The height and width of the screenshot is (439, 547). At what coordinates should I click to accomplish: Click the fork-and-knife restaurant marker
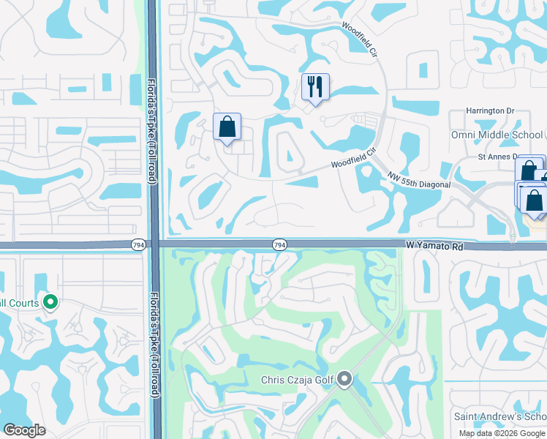click(x=315, y=87)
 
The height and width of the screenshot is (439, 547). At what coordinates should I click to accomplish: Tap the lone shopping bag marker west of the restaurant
click(x=227, y=127)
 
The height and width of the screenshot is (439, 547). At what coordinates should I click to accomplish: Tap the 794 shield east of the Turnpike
click(x=279, y=244)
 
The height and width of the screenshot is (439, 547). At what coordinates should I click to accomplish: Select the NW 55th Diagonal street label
click(x=420, y=180)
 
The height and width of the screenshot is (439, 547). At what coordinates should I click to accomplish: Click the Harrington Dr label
click(x=491, y=111)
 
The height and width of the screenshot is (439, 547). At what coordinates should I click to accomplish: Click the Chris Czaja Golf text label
click(x=298, y=380)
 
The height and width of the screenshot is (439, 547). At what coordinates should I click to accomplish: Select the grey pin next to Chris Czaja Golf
click(x=345, y=380)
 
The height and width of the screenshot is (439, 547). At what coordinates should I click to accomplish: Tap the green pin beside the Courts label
click(x=50, y=301)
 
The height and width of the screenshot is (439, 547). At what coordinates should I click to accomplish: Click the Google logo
click(x=24, y=429)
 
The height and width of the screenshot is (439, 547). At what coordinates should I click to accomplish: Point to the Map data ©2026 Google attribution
click(x=502, y=433)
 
